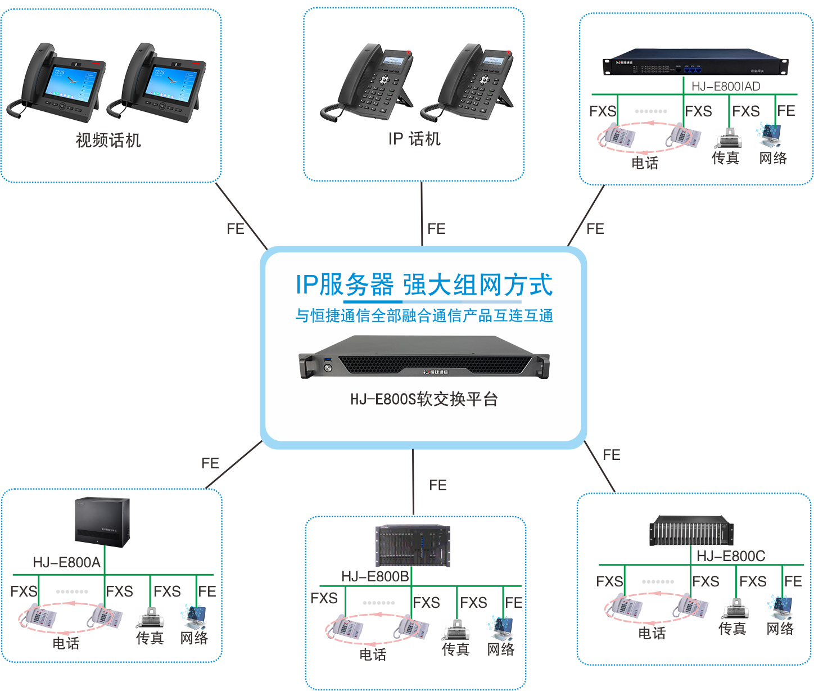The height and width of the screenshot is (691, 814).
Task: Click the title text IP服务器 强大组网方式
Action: pos(424,284)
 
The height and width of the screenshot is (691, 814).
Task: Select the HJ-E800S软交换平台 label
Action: pos(424,400)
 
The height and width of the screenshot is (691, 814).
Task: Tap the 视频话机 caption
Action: pos(108,140)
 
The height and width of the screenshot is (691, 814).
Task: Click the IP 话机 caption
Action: pos(414,139)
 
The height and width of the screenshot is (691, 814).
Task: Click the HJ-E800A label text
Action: pos(66,563)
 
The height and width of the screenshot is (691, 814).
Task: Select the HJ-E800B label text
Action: pos(375,577)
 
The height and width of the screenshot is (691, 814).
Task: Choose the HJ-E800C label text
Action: pos(731,556)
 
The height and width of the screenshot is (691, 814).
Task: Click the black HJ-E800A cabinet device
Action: pos(102,522)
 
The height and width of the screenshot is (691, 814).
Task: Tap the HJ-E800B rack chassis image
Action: pos(413,546)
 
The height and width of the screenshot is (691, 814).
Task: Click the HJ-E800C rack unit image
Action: pos(691,531)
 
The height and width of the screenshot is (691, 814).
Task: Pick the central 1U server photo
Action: pos(424,356)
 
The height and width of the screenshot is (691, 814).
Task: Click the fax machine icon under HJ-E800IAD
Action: pos(729,138)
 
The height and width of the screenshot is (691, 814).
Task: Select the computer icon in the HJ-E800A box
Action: pos(194,617)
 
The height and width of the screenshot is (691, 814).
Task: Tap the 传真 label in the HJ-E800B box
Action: pos(455,650)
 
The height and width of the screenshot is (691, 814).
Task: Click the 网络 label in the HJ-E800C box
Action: pos(780,629)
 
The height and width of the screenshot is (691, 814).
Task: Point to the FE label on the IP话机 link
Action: pos(436,229)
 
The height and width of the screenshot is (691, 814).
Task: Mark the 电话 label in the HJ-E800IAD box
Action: pos(645,163)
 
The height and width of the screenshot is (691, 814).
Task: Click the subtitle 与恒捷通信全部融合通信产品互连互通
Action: pos(424,316)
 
